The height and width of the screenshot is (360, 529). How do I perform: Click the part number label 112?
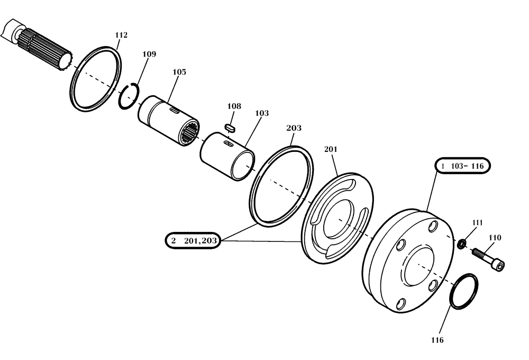pyautogui.click(x=121, y=35)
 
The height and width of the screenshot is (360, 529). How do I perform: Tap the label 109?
pyautogui.click(x=149, y=54)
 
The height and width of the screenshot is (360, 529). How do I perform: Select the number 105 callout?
pyautogui.click(x=179, y=72)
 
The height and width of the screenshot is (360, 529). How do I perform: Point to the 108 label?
pyautogui.click(x=234, y=106)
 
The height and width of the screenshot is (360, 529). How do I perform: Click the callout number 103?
pyautogui.click(x=261, y=113)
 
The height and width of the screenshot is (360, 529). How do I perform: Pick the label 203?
pyautogui.click(x=294, y=128)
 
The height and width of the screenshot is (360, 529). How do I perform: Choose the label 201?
pyautogui.click(x=331, y=149)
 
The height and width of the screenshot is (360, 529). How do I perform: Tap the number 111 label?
pyautogui.click(x=477, y=223)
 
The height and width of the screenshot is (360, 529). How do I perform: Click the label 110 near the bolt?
pyautogui.click(x=495, y=238)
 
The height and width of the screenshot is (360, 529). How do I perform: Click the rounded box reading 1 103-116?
pyautogui.click(x=463, y=166)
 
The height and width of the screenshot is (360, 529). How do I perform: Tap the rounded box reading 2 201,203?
pyautogui.click(x=192, y=241)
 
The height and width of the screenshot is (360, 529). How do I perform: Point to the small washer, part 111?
pyautogui.click(x=462, y=244)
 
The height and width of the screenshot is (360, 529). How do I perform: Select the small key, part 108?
pyautogui.click(x=230, y=127)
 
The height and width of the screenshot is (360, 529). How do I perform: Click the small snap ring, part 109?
pyautogui.click(x=129, y=97)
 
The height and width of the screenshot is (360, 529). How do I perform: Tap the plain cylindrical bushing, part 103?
pyautogui.click(x=227, y=156)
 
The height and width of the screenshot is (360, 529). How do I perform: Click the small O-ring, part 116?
pyautogui.click(x=464, y=290)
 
